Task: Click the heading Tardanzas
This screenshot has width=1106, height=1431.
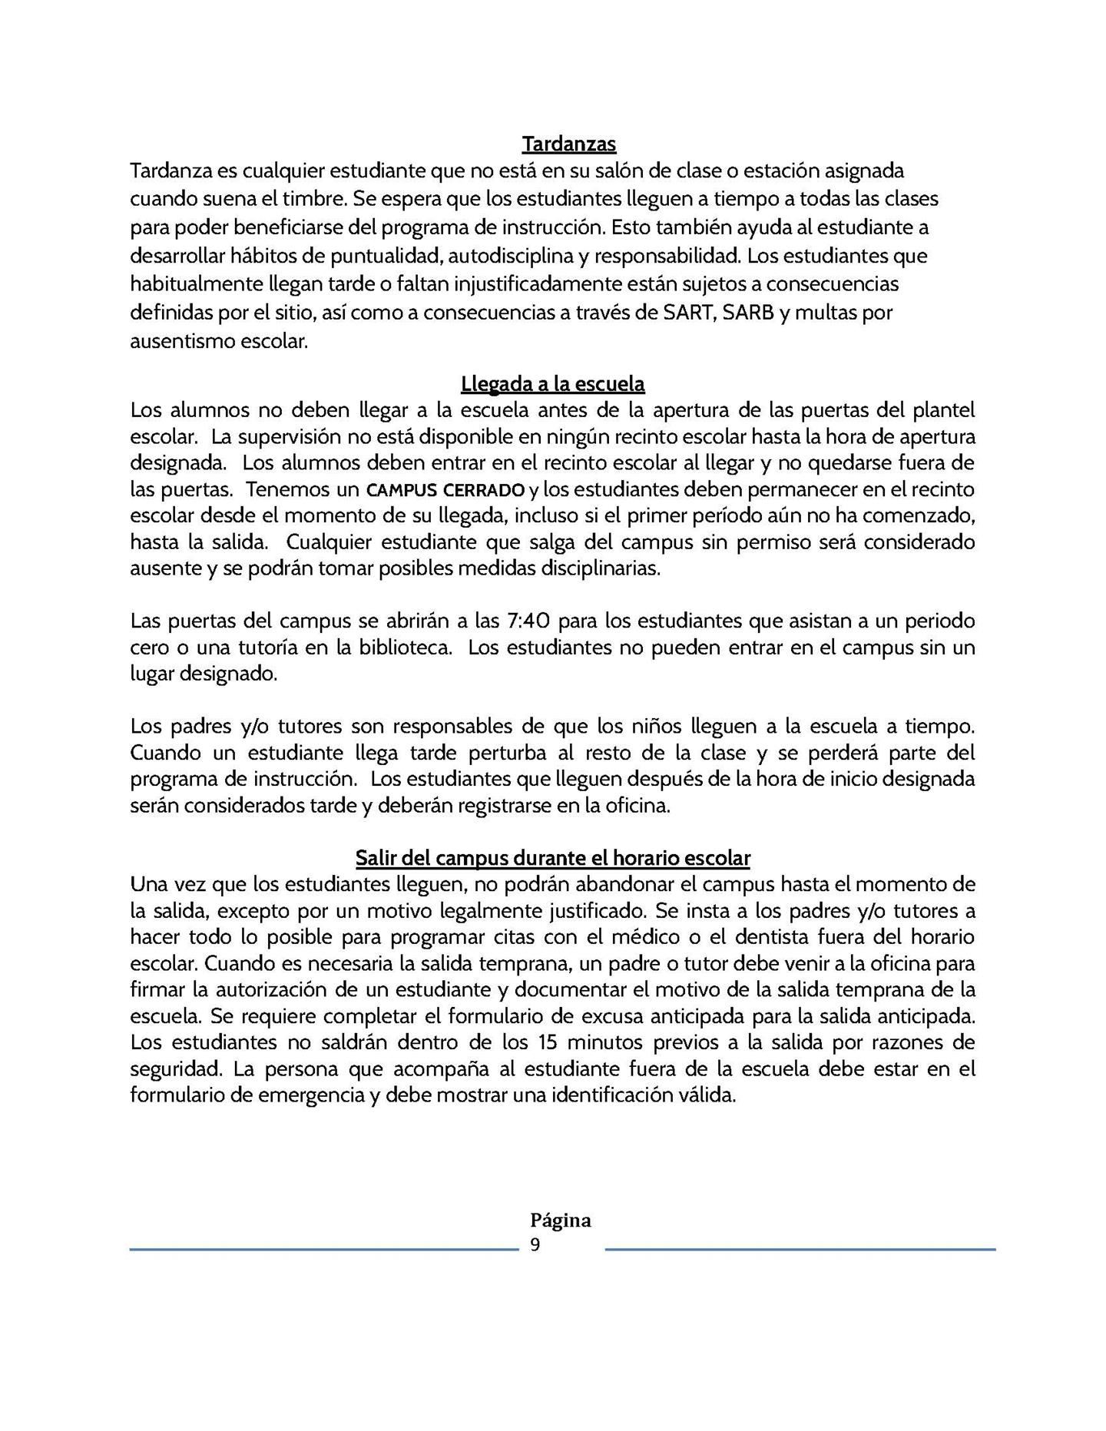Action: [x=568, y=144]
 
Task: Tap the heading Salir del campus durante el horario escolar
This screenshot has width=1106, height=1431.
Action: [x=553, y=857]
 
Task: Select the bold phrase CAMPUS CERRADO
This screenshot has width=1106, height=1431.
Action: [x=445, y=490]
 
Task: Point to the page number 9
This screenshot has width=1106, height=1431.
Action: [x=535, y=1245]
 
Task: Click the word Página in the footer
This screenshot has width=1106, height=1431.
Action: [x=561, y=1221]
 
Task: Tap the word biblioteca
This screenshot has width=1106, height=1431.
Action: [x=405, y=647]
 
